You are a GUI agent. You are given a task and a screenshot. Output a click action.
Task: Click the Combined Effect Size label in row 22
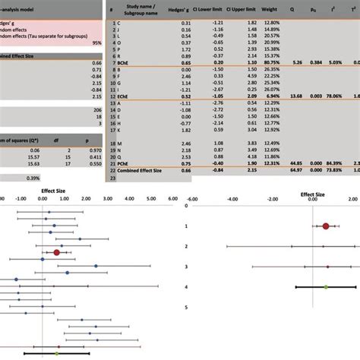[141, 171]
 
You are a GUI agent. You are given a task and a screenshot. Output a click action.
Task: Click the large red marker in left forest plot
[57, 252]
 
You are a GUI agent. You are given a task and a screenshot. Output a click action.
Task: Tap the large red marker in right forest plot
[326, 226]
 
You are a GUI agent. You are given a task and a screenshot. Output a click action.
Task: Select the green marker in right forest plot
[325, 287]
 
